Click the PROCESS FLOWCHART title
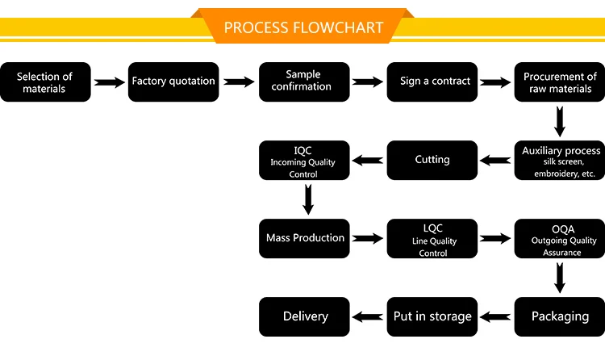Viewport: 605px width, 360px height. pyautogui.click(x=302, y=27)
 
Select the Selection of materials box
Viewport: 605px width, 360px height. pyautogui.click(x=44, y=82)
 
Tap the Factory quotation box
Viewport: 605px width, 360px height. pyautogui.click(x=173, y=82)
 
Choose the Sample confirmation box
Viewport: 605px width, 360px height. pyautogui.click(x=303, y=82)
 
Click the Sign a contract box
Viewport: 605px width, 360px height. pyautogui.click(x=432, y=82)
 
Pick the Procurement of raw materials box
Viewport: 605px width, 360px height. pyautogui.click(x=560, y=82)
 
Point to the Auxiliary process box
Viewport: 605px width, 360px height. pyautogui.click(x=560, y=160)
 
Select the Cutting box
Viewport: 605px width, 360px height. pyautogui.click(x=432, y=160)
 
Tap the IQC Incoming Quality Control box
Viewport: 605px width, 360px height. pyautogui.click(x=303, y=160)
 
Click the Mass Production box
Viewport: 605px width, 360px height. pyautogui.click(x=303, y=238)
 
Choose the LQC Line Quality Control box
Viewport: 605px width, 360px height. pyautogui.click(x=432, y=238)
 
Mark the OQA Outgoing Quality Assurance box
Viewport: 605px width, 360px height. pyautogui.click(x=560, y=238)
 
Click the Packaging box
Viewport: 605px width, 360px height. pyautogui.click(x=560, y=316)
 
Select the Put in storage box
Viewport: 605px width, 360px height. pyautogui.click(x=432, y=316)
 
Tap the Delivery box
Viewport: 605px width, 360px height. pyautogui.click(x=303, y=316)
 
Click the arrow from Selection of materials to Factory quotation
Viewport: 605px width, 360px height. pyautogui.click(x=109, y=82)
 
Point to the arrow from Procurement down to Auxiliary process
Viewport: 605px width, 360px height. pyautogui.click(x=560, y=121)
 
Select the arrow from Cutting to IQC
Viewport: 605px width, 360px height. pyautogui.click(x=368, y=160)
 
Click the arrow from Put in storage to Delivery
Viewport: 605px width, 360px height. pyautogui.click(x=368, y=316)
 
